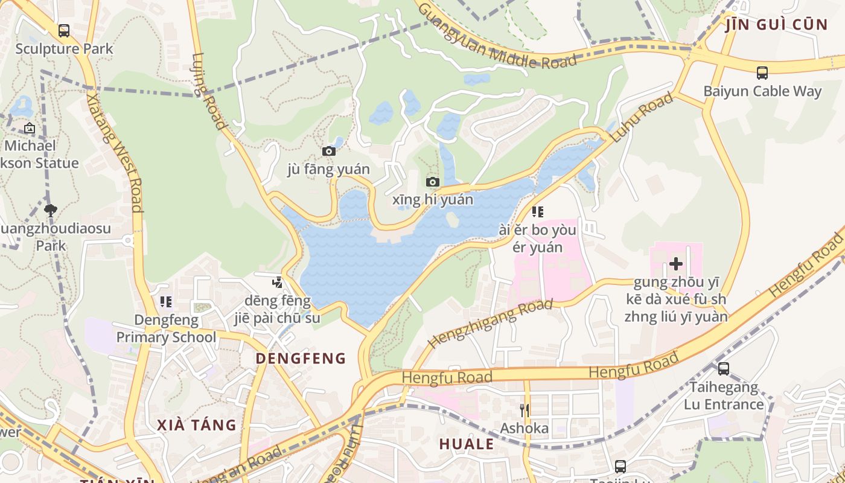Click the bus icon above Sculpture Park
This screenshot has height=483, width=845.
click(x=63, y=30)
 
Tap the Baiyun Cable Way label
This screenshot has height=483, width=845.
click(x=762, y=91)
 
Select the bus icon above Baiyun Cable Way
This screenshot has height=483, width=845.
click(x=762, y=73)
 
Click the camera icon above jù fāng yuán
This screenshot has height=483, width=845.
click(x=328, y=151)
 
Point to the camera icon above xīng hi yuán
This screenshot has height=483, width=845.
click(x=432, y=182)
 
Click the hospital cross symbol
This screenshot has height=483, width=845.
click(x=676, y=264)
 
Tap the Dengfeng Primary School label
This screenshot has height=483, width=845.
click(x=166, y=328)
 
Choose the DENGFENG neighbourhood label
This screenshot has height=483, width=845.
click(x=301, y=359)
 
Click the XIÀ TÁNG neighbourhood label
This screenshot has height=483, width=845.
click(x=197, y=425)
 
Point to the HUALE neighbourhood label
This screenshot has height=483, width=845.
click(x=467, y=444)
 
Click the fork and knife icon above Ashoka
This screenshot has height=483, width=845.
click(x=525, y=411)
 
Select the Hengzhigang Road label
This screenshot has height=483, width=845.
click(x=490, y=324)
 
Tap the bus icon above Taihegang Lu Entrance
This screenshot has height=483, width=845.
click(x=723, y=368)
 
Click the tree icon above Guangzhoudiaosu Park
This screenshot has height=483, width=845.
click(x=51, y=210)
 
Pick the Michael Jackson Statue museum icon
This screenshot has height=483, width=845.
click(x=29, y=128)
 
